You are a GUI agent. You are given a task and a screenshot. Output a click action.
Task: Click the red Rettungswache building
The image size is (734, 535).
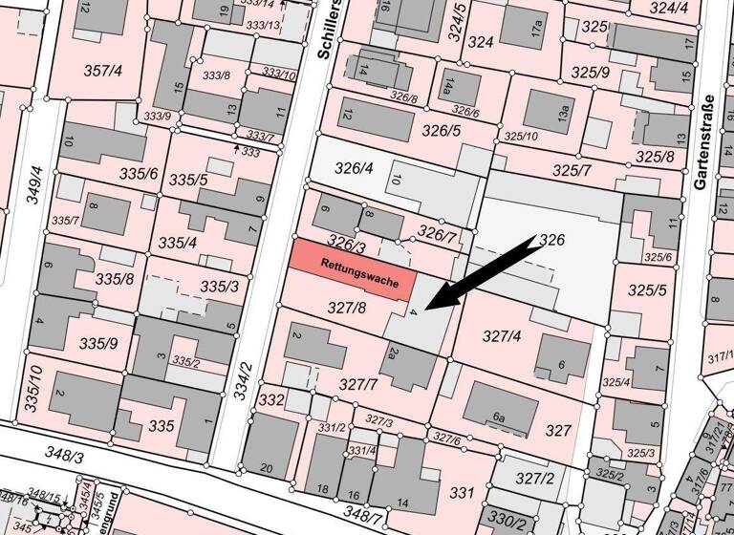click(354, 267)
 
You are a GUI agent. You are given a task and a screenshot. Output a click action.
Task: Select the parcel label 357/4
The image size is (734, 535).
click(102, 70)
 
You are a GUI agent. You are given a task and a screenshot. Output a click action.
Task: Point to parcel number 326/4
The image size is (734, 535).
click(354, 168)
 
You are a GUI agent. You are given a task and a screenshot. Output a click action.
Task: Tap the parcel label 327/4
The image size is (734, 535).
click(501, 335)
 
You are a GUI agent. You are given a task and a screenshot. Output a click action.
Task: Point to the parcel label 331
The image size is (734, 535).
click(463, 493)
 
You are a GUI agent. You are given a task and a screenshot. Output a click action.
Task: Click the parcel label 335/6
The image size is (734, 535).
click(139, 174)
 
